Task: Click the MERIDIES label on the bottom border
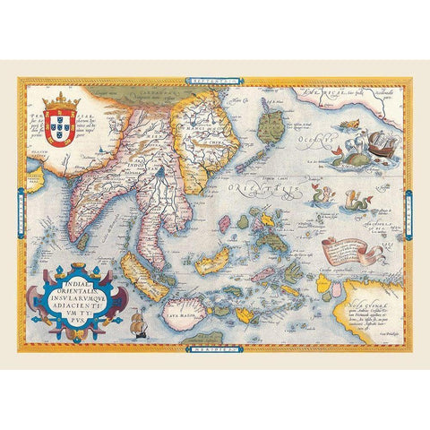pos(203,351)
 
